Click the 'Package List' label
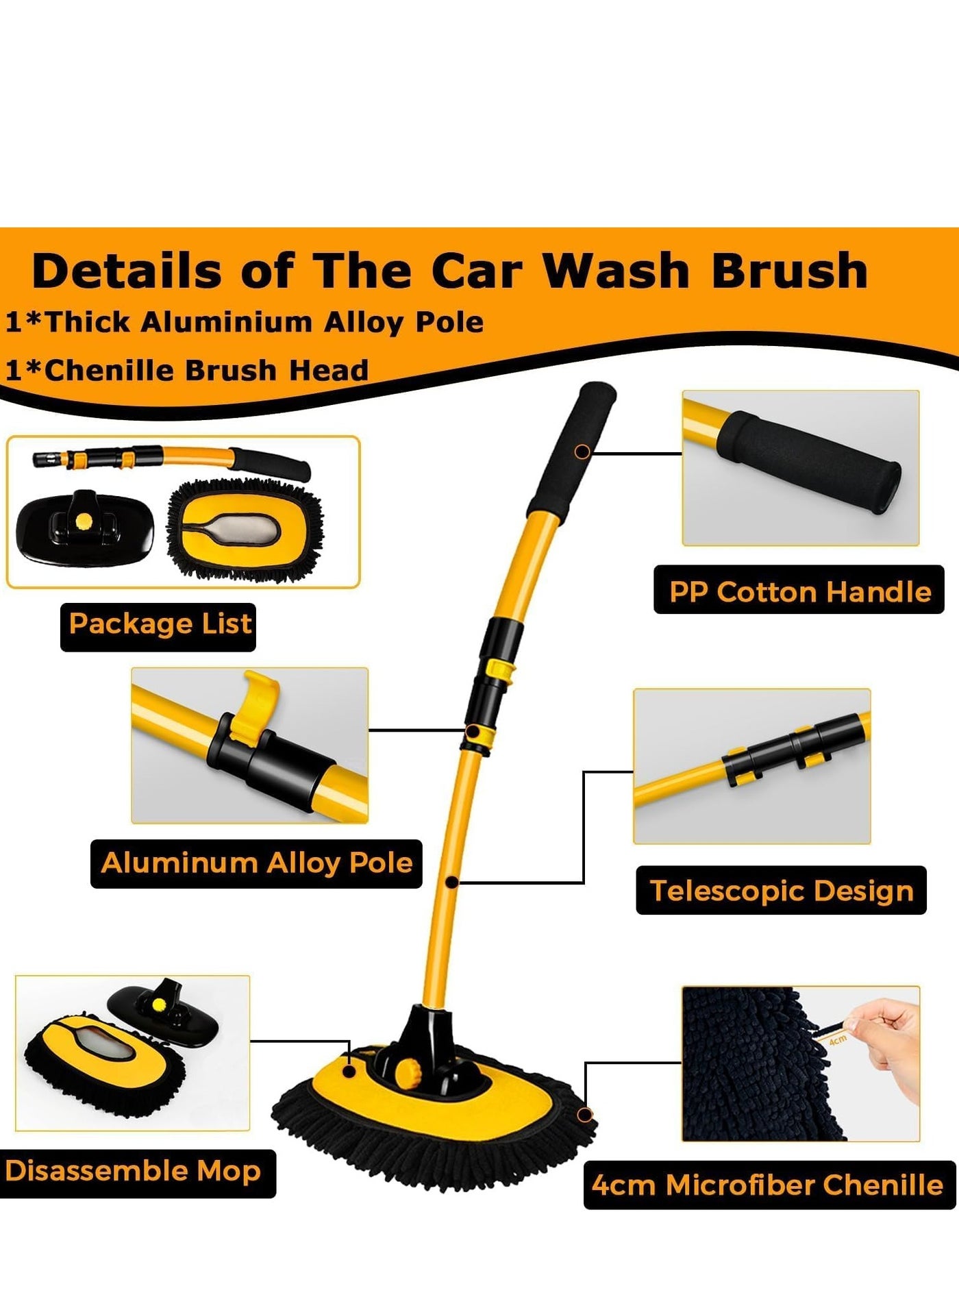point(160,624)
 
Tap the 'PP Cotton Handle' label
point(800,591)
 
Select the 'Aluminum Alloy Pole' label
point(257,863)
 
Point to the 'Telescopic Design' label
point(782,891)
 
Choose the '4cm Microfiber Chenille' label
point(768,1185)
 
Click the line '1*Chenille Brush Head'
point(187,371)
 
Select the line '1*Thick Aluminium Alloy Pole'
point(245,322)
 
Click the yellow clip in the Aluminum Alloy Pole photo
point(253,706)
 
